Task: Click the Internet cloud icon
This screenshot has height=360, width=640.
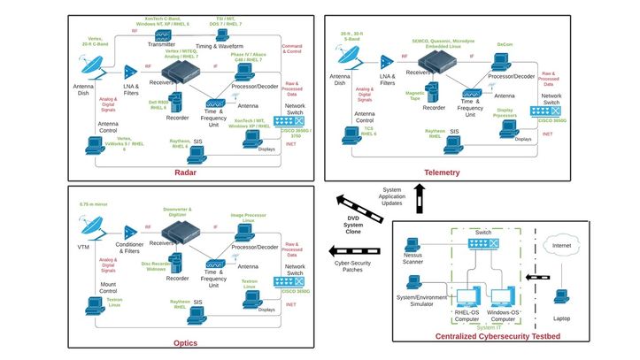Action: click(x=560, y=245)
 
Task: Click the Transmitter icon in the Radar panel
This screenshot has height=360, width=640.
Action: click(x=163, y=35)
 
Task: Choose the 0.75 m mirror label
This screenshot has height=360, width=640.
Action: click(x=93, y=205)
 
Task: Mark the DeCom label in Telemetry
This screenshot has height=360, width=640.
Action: click(x=505, y=43)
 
